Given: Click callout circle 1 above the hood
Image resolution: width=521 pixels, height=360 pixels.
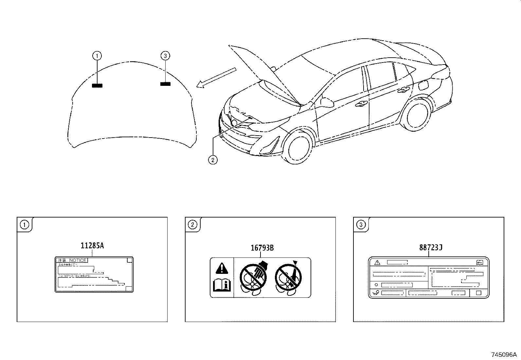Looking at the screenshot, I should [x=97, y=56].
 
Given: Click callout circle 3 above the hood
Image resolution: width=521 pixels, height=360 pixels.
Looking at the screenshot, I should [x=165, y=56].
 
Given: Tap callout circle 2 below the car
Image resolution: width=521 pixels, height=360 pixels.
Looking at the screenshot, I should [x=213, y=160].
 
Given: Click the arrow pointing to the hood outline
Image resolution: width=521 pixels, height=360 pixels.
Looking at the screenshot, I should [x=216, y=78].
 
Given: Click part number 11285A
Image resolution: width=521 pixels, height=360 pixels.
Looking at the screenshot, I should [x=92, y=246].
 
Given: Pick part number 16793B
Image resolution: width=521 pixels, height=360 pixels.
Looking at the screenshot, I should [x=262, y=248].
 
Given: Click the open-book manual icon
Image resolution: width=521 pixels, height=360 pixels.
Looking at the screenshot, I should [x=222, y=285].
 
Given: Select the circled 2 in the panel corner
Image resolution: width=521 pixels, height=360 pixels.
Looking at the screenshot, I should [x=192, y=225].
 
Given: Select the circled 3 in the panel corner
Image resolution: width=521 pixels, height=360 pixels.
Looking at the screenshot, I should [x=361, y=225].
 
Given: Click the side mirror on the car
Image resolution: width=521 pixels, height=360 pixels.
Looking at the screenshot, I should [x=327, y=102].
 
